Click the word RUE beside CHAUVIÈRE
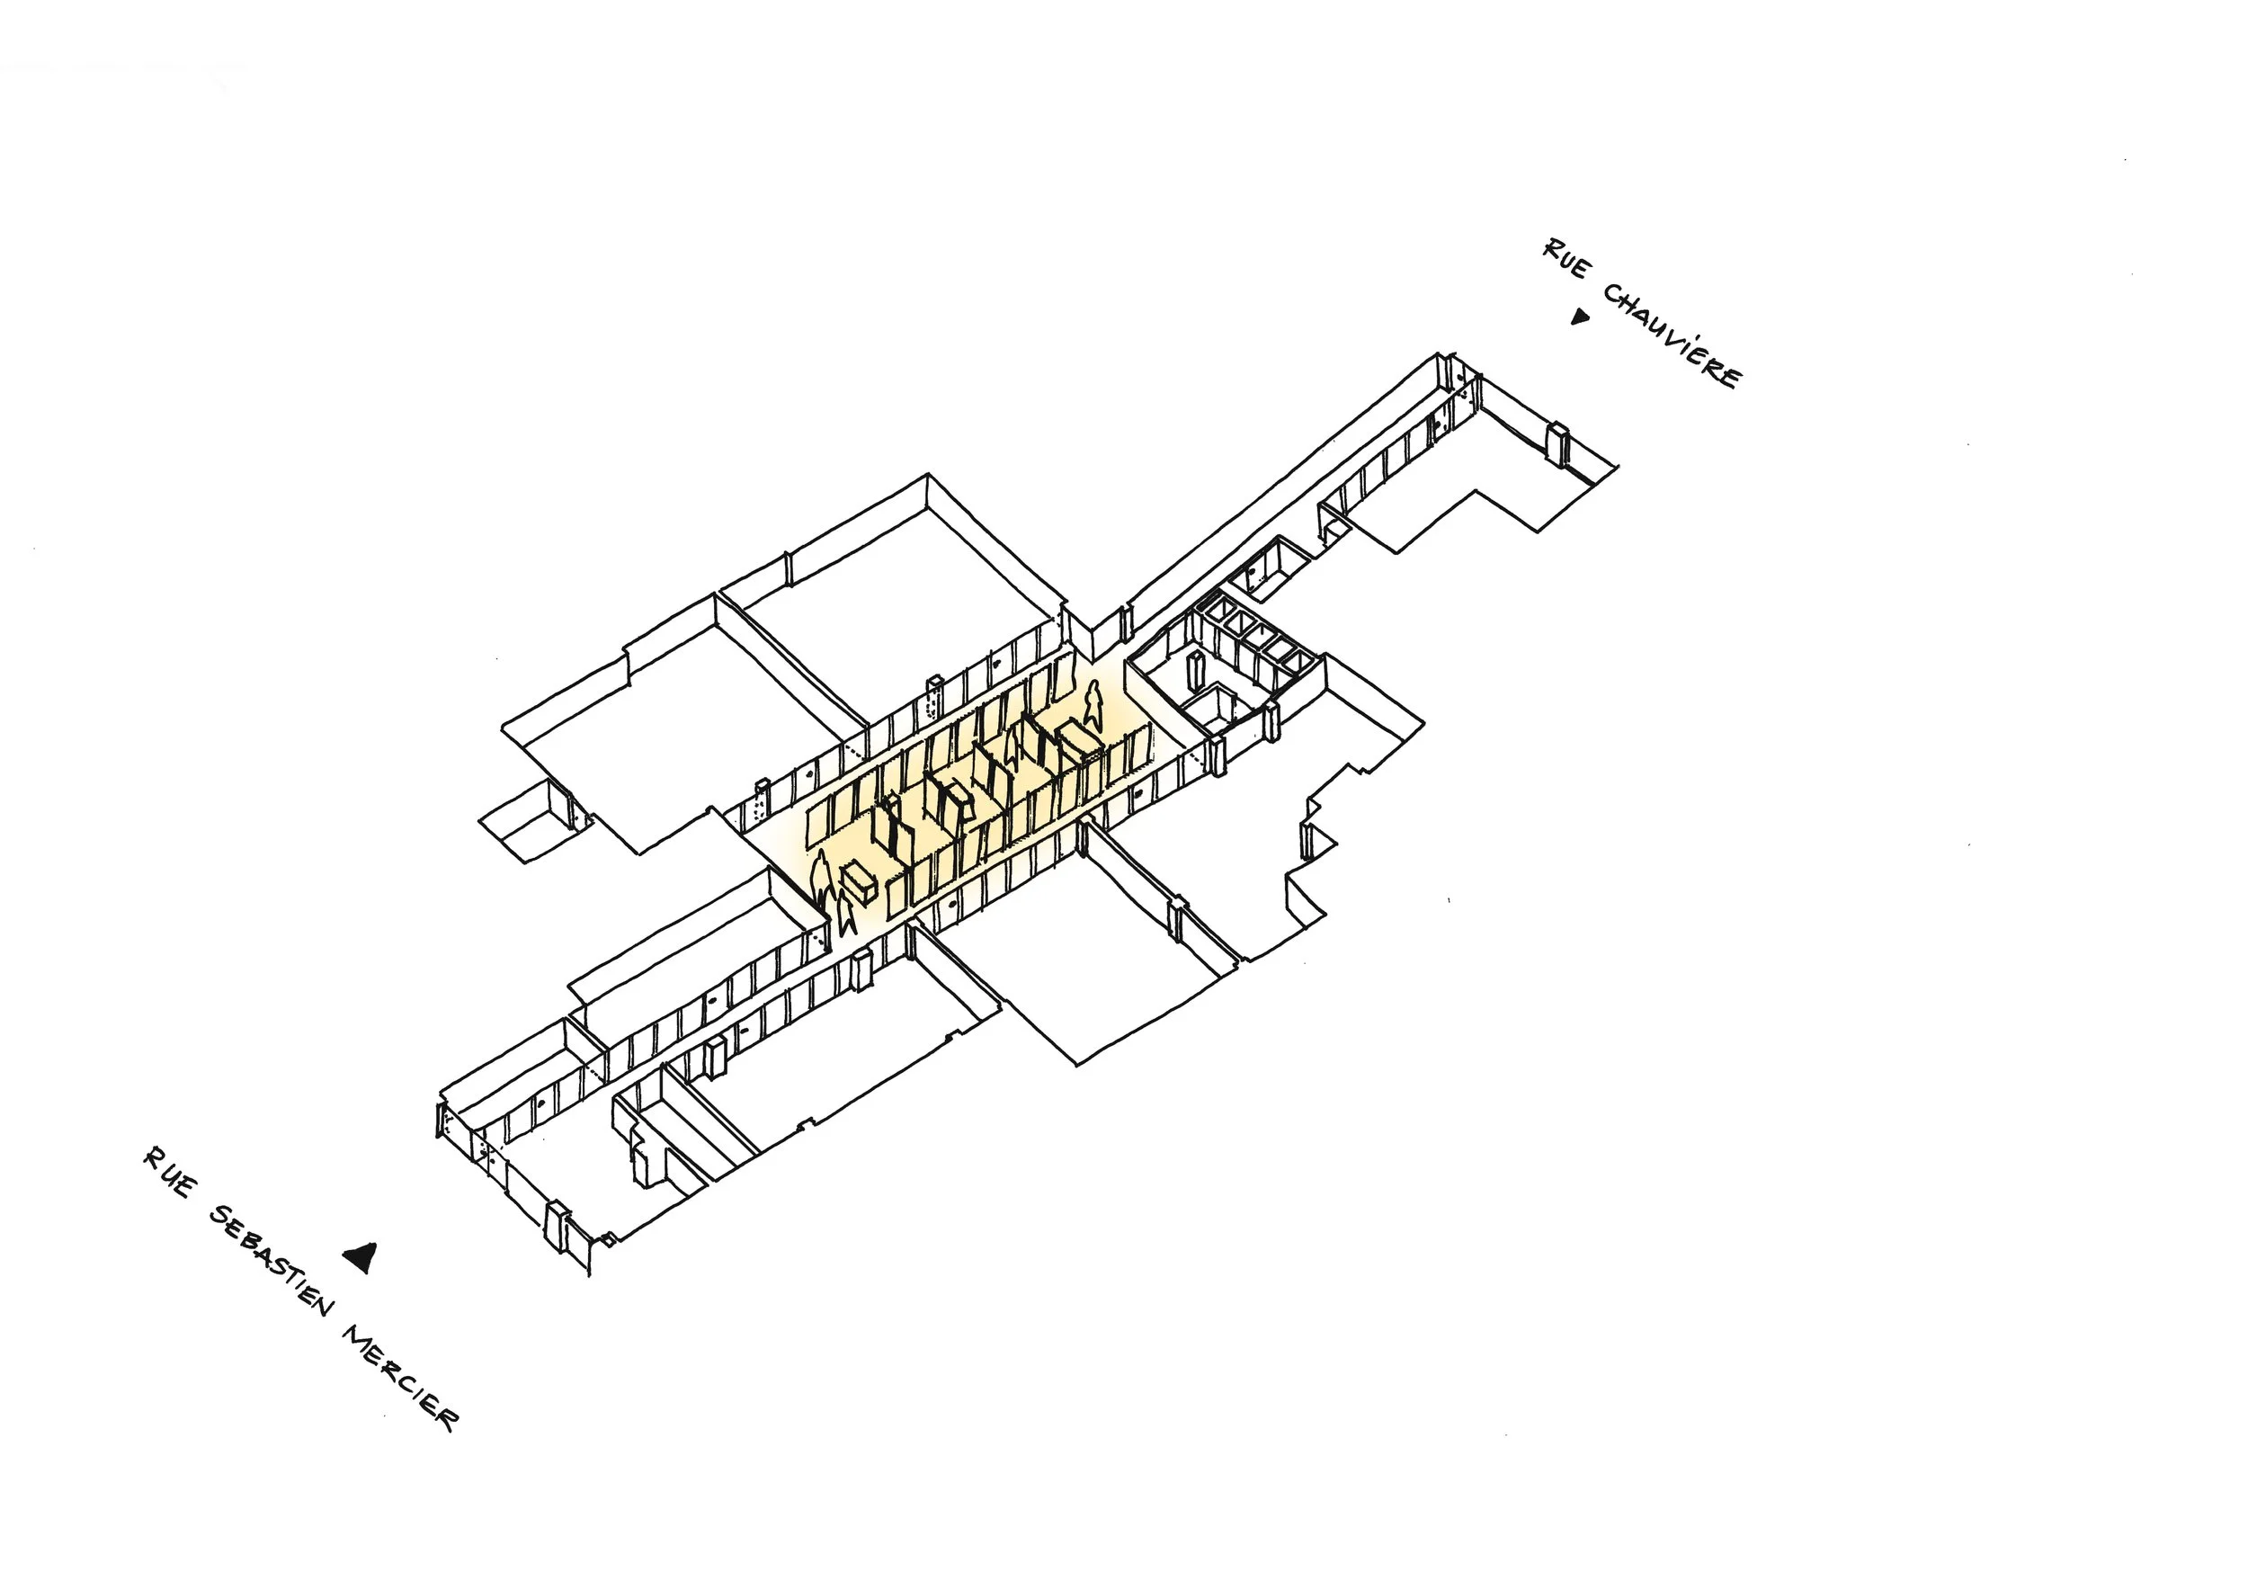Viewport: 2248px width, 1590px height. [1565, 257]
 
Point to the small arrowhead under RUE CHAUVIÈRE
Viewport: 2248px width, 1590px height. [1577, 317]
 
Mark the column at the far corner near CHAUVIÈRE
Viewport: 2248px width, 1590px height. [1557, 442]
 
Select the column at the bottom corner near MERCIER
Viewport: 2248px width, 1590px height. [556, 1228]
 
